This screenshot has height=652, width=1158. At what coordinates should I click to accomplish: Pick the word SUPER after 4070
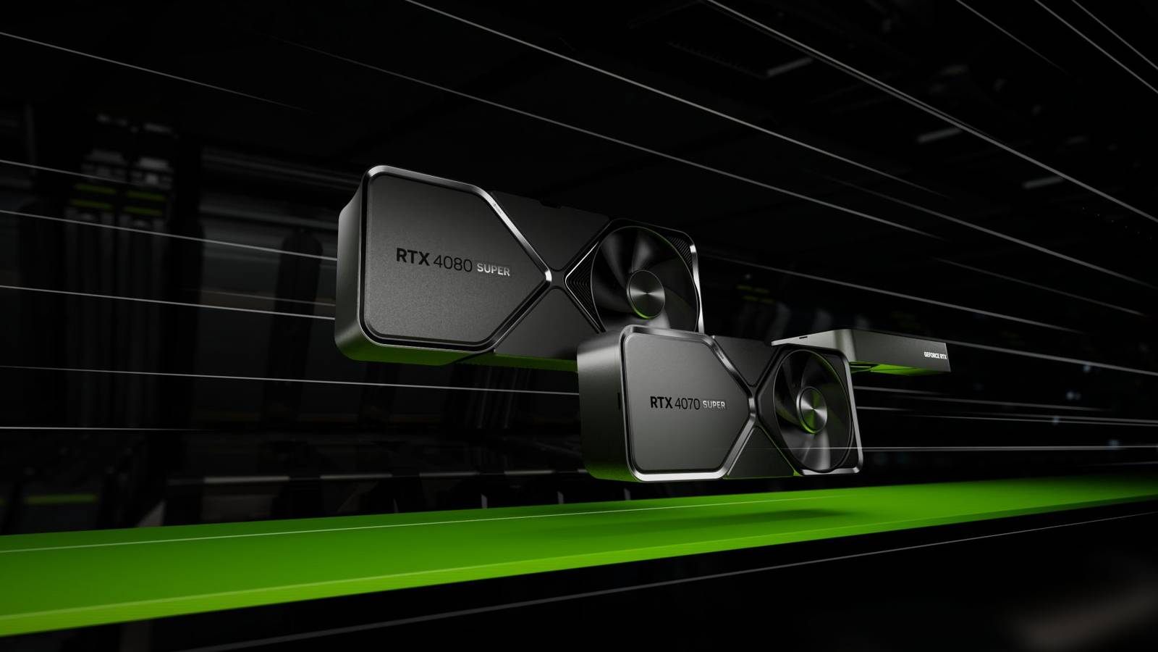click(x=713, y=404)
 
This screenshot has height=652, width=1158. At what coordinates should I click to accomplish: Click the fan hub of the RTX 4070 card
click(x=811, y=406)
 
